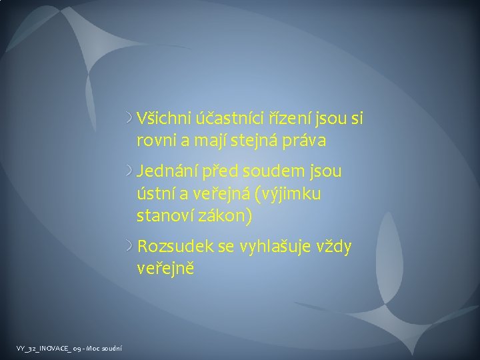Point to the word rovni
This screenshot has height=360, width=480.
tap(154, 141)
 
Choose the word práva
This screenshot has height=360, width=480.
tap(306, 141)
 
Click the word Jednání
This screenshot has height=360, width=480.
tap(163, 171)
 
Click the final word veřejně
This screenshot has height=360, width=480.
tap(165, 269)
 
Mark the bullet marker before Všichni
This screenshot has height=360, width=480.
tap(130, 119)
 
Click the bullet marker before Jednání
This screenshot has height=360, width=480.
tap(130, 171)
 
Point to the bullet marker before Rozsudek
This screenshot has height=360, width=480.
tap(130, 247)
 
